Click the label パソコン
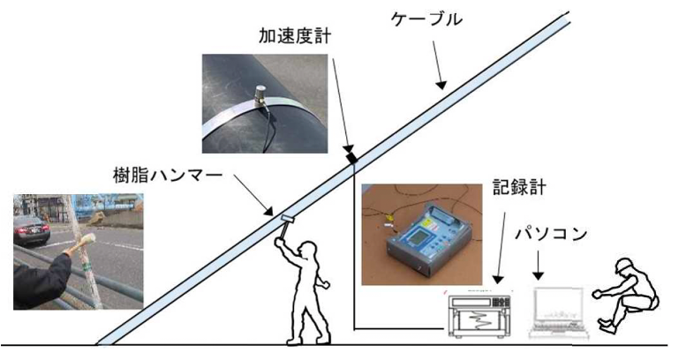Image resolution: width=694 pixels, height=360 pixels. click(550, 237)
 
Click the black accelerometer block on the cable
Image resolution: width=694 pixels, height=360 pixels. click(352, 157)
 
